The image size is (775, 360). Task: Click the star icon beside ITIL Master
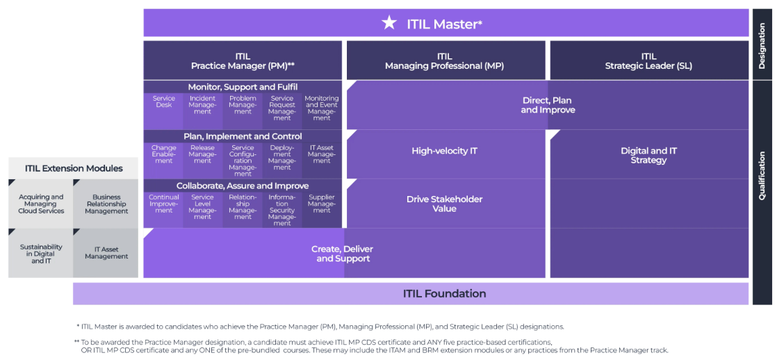tap(389, 23)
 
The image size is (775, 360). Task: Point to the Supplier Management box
tap(322, 204)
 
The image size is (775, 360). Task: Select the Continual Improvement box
tap(163, 204)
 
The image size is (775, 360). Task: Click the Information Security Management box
tap(282, 209)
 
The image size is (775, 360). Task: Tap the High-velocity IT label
tap(444, 151)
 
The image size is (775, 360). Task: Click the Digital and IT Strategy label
tap(648, 155)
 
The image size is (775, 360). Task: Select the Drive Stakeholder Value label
tap(444, 204)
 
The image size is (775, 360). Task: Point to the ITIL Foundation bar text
tap(444, 293)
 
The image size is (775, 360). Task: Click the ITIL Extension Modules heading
tap(74, 168)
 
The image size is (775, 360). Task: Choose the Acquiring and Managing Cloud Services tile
tap(41, 204)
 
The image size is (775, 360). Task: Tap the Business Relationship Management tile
tap(106, 204)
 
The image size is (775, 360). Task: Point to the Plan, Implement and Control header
tap(243, 136)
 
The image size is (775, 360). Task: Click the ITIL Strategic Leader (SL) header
tap(648, 61)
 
